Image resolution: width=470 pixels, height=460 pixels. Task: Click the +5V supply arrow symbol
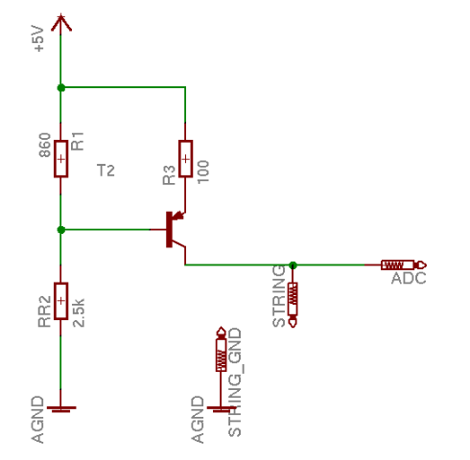pyautogui.click(x=61, y=23)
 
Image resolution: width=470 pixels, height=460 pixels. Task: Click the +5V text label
pyautogui.click(x=38, y=39)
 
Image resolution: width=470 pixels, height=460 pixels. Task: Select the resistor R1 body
pyautogui.click(x=60, y=158)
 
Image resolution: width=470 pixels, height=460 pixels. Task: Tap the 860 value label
pyautogui.click(x=45, y=146)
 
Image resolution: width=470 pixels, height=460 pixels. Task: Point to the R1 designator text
pyautogui.click(x=78, y=141)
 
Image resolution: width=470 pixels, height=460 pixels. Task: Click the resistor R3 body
pyautogui.click(x=185, y=158)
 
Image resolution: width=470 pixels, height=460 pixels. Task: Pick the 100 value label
pyautogui.click(x=203, y=172)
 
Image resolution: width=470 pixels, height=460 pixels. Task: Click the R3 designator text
pyautogui.click(x=169, y=175)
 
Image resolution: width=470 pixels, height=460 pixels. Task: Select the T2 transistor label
pyautogui.click(x=106, y=171)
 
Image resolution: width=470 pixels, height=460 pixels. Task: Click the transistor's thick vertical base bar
pyautogui.click(x=169, y=229)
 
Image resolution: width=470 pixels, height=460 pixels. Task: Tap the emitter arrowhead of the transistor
pyautogui.click(x=178, y=217)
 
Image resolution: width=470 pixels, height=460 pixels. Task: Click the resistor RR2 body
pyautogui.click(x=60, y=301)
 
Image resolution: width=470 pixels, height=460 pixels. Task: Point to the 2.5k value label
pyautogui.click(x=79, y=312)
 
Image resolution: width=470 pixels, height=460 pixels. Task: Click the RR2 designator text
pyautogui.click(x=44, y=311)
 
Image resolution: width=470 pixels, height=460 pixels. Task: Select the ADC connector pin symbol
pyautogui.click(x=404, y=265)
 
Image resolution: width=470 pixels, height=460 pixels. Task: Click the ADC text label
pyautogui.click(x=409, y=279)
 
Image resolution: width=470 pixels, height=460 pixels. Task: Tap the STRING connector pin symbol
pyautogui.click(x=293, y=305)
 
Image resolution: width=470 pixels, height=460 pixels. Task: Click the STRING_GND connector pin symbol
pyautogui.click(x=221, y=349)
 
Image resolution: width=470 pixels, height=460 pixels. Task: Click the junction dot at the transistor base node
pyautogui.click(x=61, y=230)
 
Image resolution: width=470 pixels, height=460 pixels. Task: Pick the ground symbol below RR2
pyautogui.click(x=61, y=408)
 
